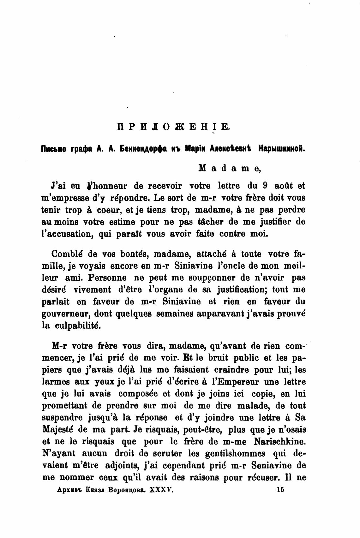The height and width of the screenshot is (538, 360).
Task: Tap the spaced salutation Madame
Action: point(230,168)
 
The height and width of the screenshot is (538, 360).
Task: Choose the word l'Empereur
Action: point(234,382)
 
